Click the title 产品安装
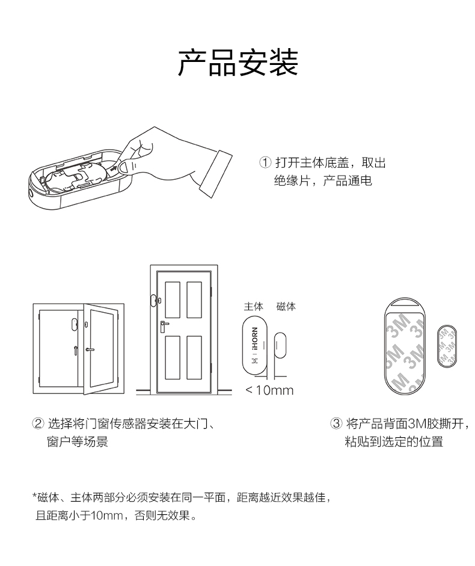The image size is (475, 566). tap(237, 62)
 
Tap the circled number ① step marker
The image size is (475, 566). tap(265, 163)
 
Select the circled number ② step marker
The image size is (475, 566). tap(38, 425)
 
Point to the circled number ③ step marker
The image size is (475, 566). tap(337, 425)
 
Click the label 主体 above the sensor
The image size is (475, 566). tap(253, 307)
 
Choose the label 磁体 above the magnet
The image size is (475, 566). tap(286, 307)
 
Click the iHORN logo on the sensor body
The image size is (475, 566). tap(254, 340)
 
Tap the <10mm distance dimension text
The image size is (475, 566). tap(269, 390)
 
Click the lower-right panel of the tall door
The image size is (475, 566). tap(194, 357)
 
